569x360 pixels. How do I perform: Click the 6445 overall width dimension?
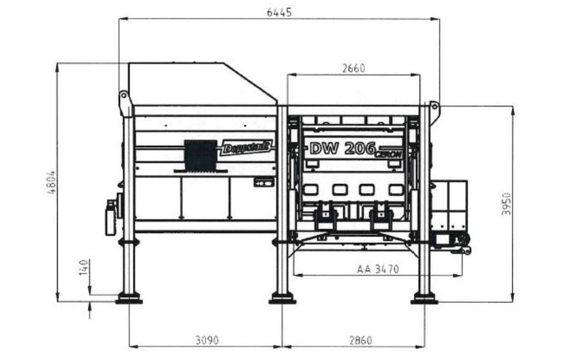point(279,12)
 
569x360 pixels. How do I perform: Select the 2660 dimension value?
point(354,68)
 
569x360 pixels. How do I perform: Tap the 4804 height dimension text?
point(52,183)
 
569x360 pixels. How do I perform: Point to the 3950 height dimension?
point(506,204)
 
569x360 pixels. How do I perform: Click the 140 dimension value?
point(83,268)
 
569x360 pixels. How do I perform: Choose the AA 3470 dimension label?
point(378,269)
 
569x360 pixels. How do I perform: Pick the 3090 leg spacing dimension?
point(207,340)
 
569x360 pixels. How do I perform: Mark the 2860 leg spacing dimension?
point(361,341)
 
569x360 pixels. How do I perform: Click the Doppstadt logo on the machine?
point(246,147)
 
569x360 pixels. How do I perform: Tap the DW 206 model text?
point(343,148)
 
